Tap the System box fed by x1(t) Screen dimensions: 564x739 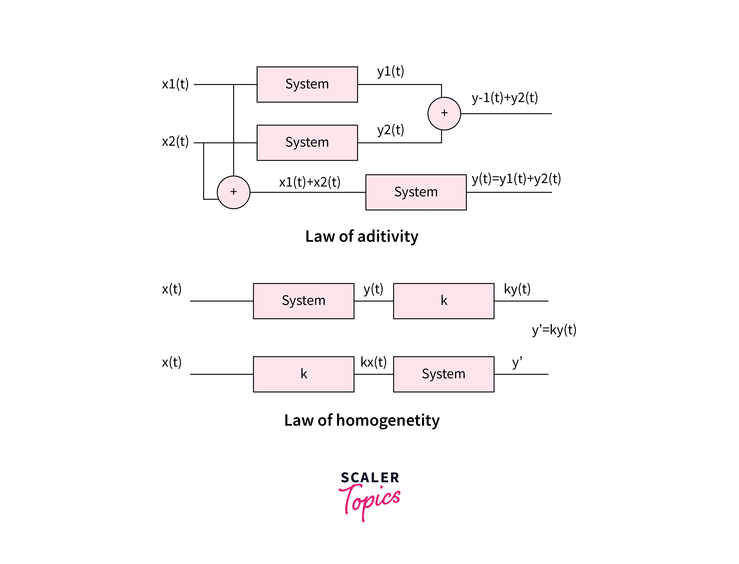307,84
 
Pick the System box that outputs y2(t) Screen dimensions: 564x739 307,143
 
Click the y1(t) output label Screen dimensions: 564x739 390,71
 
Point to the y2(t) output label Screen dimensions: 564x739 390,130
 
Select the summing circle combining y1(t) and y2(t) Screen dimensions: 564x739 444,113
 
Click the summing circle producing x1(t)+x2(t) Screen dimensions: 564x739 233,192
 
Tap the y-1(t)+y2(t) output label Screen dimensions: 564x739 504,98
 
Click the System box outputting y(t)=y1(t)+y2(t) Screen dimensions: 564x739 416,192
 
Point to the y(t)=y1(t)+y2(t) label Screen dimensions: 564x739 516,179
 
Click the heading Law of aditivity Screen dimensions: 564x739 362,236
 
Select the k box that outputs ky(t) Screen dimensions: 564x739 443,301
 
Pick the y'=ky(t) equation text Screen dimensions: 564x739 554,330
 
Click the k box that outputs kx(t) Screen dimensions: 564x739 303,374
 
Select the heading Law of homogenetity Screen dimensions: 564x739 362,420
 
